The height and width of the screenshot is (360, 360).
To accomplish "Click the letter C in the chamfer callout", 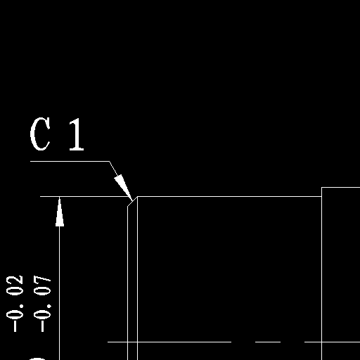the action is tap(40, 134).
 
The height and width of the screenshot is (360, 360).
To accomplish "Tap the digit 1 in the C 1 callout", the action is tap(77, 134).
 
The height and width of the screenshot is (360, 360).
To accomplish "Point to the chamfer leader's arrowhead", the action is tap(123, 188).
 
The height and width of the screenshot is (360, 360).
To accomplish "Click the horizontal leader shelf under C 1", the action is tap(70, 161).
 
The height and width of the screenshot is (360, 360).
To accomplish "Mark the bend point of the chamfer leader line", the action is tap(110, 161).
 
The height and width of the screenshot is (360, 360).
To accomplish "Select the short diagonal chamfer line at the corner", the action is tap(132, 202).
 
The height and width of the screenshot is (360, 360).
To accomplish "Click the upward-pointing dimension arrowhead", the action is tap(60, 212).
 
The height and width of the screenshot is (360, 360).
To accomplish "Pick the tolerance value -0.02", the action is tap(15, 304).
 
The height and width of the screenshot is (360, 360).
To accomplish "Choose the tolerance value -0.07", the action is tap(42, 304).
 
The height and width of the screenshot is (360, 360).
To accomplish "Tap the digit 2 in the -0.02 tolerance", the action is tap(15, 281).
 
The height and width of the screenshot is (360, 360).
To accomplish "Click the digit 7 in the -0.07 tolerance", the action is tap(42, 281).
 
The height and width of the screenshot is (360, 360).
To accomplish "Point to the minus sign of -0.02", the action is tap(15, 326).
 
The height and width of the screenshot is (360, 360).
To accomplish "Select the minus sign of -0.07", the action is tap(42, 326).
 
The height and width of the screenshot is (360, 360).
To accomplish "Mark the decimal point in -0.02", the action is tap(22, 306).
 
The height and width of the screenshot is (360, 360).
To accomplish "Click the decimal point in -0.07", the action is tap(49, 306).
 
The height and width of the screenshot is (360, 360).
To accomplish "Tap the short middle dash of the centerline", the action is tap(268, 342).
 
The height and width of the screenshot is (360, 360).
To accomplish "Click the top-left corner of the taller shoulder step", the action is tap(321, 188).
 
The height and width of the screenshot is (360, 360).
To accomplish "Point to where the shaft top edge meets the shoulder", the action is tap(321, 196).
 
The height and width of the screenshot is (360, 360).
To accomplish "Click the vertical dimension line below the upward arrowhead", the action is tap(60, 293).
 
